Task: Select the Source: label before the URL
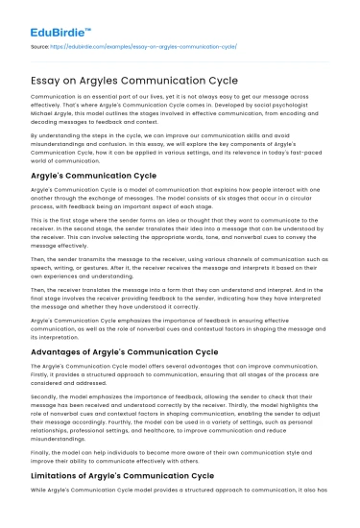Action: [39, 47]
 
